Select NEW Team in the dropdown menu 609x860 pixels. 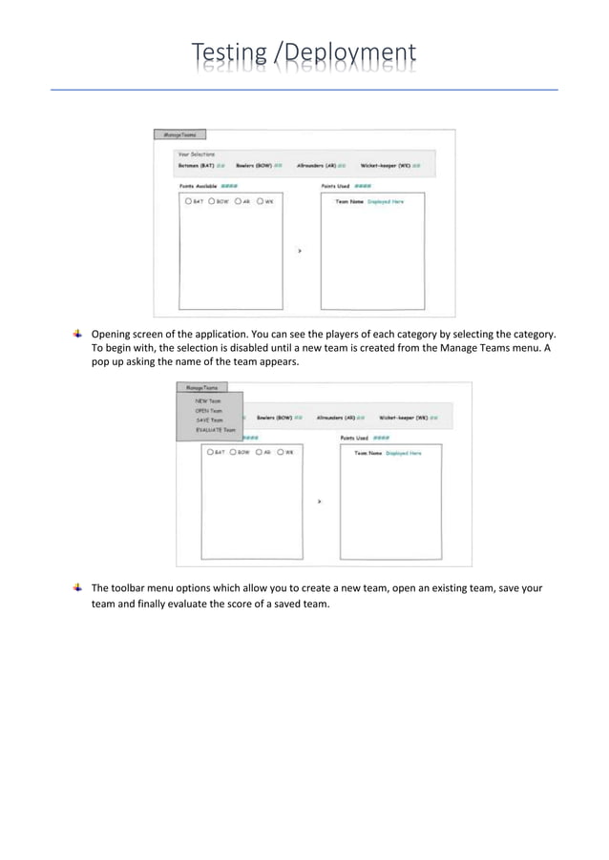click(207, 401)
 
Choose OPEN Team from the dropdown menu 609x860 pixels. click(208, 411)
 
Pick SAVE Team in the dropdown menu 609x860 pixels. click(208, 420)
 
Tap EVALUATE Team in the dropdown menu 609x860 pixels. click(215, 430)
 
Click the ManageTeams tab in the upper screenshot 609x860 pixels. click(178, 135)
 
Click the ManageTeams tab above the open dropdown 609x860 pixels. click(202, 388)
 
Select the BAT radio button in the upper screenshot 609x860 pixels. click(189, 201)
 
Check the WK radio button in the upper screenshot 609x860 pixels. click(260, 201)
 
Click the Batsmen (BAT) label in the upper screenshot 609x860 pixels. click(197, 165)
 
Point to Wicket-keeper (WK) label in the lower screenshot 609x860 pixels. click(400, 418)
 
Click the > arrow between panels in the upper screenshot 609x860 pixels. click(300, 251)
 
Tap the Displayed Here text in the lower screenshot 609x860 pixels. click(403, 453)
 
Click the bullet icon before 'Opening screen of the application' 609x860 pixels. click(76, 334)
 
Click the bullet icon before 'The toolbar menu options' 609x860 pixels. click(76, 587)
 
